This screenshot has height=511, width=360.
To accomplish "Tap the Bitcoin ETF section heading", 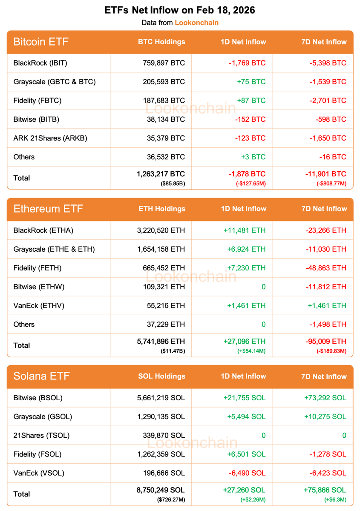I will tap(41, 42).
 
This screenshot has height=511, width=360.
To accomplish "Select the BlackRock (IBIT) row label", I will tap(40, 63).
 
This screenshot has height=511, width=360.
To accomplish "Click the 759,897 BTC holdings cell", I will tap(164, 63).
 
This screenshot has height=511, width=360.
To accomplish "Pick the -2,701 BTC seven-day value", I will tap(327, 100).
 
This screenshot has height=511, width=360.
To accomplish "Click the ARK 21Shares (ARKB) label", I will tap(50, 138).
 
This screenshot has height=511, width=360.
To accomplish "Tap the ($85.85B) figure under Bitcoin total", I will tap(173, 184).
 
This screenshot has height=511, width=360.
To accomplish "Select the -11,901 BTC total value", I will tap(325, 174).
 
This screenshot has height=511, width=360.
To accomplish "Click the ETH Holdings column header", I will tap(162, 209).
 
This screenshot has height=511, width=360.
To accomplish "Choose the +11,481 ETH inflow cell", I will tap(244, 230).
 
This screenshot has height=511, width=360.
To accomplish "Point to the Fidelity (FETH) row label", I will tap(37, 268).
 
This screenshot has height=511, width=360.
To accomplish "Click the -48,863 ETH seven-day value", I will tap(326, 268).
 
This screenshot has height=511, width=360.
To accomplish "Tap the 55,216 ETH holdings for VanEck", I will tap(164, 305).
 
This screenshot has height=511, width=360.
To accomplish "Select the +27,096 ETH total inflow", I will tap(244, 342).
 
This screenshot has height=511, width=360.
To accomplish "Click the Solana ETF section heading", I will tap(42, 376).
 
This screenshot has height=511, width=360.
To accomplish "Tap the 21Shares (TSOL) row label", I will tap(41, 435).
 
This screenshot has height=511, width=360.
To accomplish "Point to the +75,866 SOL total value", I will tap(325, 490).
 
